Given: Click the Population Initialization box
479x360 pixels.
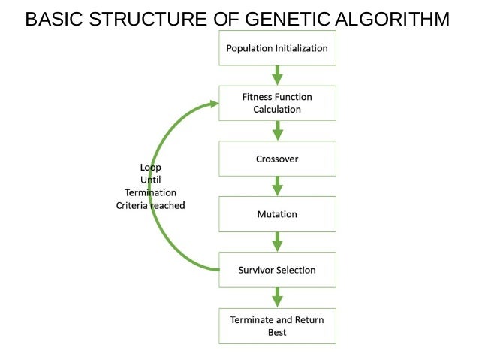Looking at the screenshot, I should click(277, 48).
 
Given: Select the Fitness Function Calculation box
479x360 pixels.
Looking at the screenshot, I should click(277, 103).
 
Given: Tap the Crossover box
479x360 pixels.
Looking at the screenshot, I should click(277, 159).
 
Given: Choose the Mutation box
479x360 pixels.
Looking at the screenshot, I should click(277, 214).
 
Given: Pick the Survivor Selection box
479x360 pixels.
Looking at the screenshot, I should click(277, 270).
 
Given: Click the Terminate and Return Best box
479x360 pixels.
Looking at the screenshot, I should click(277, 325).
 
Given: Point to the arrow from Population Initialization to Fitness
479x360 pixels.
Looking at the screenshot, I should click(277, 75).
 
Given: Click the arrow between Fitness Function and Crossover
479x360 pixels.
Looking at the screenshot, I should click(277, 131).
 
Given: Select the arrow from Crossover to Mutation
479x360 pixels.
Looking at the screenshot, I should click(277, 186).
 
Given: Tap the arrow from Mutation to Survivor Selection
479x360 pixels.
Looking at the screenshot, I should click(277, 242).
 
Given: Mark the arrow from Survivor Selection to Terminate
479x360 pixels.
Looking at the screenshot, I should click(277, 298).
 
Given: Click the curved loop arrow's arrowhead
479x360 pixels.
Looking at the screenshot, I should click(213, 104).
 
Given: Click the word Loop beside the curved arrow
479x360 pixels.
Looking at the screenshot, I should click(150, 167).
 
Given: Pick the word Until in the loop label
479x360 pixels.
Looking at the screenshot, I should click(150, 180).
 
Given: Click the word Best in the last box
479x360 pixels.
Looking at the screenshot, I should click(277, 332).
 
